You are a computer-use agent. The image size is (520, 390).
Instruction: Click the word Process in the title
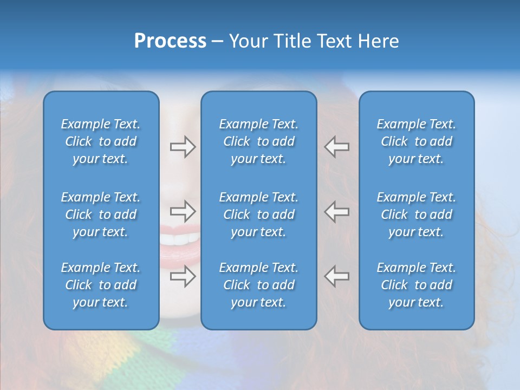click(170, 41)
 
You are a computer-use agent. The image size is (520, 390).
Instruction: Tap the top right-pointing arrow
click(183, 147)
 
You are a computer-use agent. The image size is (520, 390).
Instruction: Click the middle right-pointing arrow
click(183, 211)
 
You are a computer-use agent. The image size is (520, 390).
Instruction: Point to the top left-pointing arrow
click(336, 147)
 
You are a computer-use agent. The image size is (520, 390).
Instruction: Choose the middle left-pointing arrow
click(336, 211)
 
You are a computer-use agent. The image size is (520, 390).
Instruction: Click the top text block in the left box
click(101, 141)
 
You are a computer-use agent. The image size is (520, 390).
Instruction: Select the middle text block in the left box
click(101, 214)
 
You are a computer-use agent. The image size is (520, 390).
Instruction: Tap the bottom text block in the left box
click(101, 285)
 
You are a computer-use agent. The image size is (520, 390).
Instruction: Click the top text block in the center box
click(258, 141)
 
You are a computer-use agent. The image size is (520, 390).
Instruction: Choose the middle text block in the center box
click(258, 214)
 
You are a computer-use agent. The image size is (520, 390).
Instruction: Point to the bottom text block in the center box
click(258, 285)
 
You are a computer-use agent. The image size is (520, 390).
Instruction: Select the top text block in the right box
click(416, 141)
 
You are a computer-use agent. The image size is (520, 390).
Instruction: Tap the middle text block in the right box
click(416, 214)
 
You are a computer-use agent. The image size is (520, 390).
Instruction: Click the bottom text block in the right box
click(416, 285)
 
